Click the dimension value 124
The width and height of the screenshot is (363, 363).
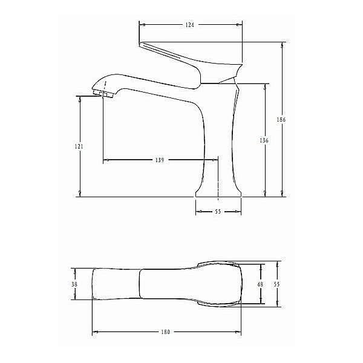[x=190, y=25]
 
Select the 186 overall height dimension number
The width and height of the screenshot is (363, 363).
[x=281, y=119]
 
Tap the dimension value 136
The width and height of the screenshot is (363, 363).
[x=264, y=140]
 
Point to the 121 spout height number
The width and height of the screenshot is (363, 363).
[x=80, y=146]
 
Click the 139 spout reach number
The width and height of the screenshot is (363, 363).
[x=160, y=160]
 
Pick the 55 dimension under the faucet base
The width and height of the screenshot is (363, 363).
[x=218, y=212]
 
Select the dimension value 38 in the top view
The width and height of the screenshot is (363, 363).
[x=74, y=284]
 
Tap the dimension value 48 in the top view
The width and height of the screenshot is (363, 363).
[x=261, y=284]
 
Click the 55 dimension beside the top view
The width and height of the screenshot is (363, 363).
[x=278, y=284]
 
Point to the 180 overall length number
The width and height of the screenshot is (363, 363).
[x=166, y=332]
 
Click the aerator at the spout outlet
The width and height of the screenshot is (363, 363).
[x=105, y=93]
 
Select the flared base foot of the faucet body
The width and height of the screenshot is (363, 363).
[x=218, y=191]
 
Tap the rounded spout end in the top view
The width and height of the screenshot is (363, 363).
[x=94, y=284]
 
